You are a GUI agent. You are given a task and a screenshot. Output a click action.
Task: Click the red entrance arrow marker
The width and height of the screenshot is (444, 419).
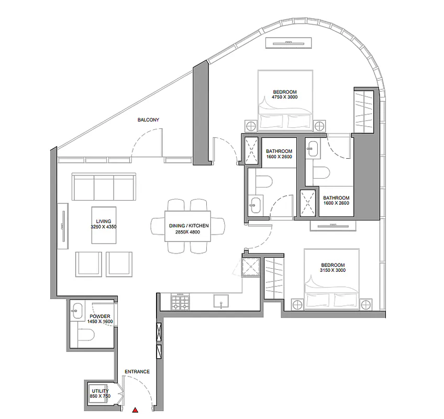pos(136,410)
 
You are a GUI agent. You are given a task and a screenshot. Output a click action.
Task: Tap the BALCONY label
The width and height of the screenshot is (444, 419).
pos(148,120)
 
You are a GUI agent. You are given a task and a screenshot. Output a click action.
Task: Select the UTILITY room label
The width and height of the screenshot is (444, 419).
pos(100,391)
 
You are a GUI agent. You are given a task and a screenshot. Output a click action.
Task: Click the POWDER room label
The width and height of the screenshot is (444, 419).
pos(100,316)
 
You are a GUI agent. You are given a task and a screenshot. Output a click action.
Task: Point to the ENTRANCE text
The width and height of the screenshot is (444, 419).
pos(137,371)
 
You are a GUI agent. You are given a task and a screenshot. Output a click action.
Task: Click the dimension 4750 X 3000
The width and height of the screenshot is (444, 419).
pos(285,97)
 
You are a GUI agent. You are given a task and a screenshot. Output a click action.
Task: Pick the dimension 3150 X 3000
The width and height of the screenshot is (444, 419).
pos(332,270)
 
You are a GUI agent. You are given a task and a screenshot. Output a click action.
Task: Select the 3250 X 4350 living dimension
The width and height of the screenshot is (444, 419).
pos(104,227)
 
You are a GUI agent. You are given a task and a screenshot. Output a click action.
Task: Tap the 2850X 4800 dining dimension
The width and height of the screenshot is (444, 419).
pos(188,232)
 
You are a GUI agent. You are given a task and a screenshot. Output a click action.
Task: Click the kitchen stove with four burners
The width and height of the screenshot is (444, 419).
pos(180,302)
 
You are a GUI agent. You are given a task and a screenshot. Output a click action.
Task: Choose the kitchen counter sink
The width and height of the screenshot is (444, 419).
pos(221,301)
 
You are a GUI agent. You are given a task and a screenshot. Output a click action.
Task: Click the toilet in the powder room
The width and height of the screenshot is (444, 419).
pos(86,335)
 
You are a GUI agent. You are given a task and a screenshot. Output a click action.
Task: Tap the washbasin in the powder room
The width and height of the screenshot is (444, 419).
pos(76,311)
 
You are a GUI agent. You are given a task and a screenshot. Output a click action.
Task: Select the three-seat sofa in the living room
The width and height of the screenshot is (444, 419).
pos(104,187)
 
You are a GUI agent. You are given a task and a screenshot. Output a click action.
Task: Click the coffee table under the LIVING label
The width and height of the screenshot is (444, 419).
pos(104,225)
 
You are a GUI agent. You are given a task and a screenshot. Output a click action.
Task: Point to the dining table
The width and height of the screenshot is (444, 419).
pos(188,226)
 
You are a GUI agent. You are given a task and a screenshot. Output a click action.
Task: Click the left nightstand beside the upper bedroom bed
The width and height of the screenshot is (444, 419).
pos(251,126)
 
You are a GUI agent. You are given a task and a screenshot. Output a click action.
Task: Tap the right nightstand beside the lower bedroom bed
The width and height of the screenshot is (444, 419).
pos(366,305)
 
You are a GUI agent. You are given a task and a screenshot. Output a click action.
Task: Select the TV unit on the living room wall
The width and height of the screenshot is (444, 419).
pos(63,226)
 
